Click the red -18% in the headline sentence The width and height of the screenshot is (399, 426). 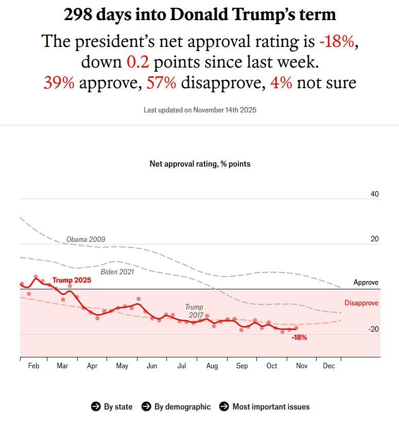click(336, 41)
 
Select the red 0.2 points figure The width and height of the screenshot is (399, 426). click(138, 62)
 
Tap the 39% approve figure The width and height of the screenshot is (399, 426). click(59, 83)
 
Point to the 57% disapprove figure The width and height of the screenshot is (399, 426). click(162, 83)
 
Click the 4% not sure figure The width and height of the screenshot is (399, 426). click(280, 83)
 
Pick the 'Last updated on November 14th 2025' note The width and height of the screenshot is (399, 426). click(200, 110)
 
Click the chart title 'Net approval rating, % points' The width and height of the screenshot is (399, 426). click(200, 164)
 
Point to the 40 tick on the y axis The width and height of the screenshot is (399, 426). click(374, 194)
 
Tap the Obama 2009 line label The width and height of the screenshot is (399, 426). click(85, 239)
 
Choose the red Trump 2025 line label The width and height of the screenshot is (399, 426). click(72, 280)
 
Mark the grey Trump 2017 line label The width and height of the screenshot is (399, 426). click(194, 310)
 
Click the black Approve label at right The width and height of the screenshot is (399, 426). click(366, 283)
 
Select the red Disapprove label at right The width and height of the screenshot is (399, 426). click(361, 303)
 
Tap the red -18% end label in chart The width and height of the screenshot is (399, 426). click(299, 338)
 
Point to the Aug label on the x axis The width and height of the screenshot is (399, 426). click(212, 366)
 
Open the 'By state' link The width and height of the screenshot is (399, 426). click(112, 407)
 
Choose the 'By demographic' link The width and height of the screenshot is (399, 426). click(176, 407)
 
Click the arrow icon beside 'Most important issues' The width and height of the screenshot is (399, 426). click(224, 406)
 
